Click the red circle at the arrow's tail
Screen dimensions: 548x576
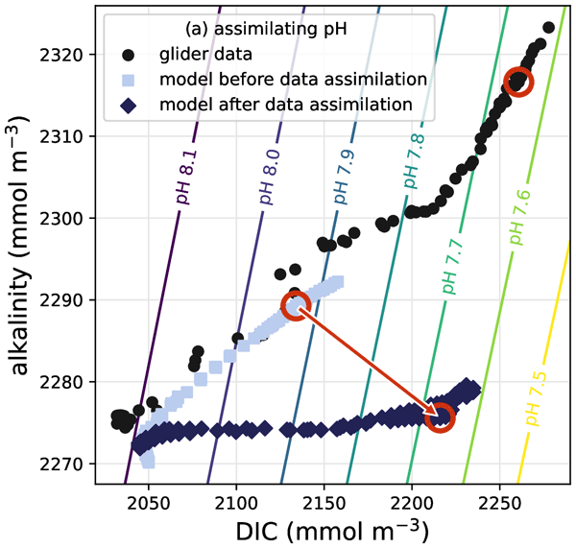[x=296, y=306]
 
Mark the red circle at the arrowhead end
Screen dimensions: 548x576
[x=440, y=417]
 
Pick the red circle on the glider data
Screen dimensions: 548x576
[x=517, y=82]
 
